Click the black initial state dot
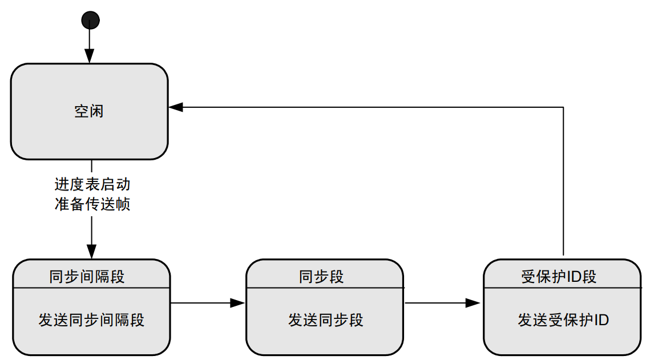(90, 21)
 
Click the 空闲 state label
(89, 111)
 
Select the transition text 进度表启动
(92, 185)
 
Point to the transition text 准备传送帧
(92, 204)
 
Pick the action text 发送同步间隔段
(91, 319)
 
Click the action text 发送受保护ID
(563, 319)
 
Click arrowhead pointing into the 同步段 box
(238, 303)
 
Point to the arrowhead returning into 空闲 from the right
(176, 107)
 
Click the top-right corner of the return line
(563, 107)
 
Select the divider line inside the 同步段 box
(324, 288)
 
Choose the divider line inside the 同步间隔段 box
(91, 288)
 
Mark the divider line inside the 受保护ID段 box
(562, 288)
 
